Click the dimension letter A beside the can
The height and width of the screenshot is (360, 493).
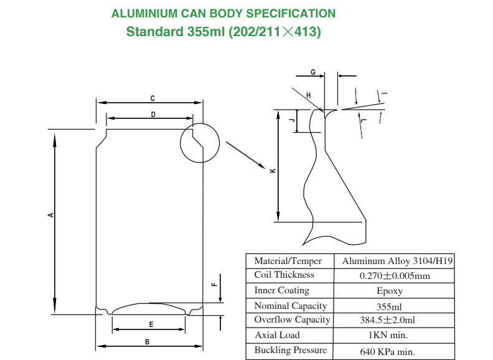coord(51,216)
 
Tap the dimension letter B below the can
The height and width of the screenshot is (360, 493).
coord(147,341)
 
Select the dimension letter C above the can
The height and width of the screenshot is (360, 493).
coord(153,98)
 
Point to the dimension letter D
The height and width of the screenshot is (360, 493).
coord(153,113)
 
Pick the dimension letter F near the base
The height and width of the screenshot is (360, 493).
coord(214,285)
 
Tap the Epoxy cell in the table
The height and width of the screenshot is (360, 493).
coord(390,291)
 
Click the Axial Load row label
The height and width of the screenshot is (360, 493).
coord(277,335)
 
